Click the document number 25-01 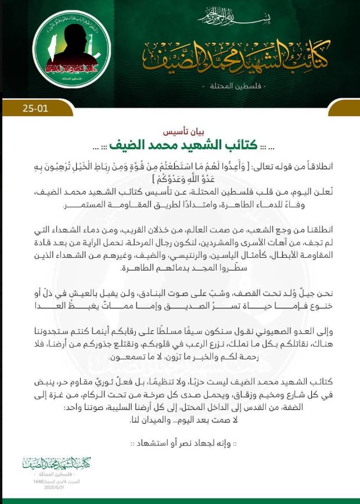click(x=28, y=108)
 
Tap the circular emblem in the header click(x=71, y=51)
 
